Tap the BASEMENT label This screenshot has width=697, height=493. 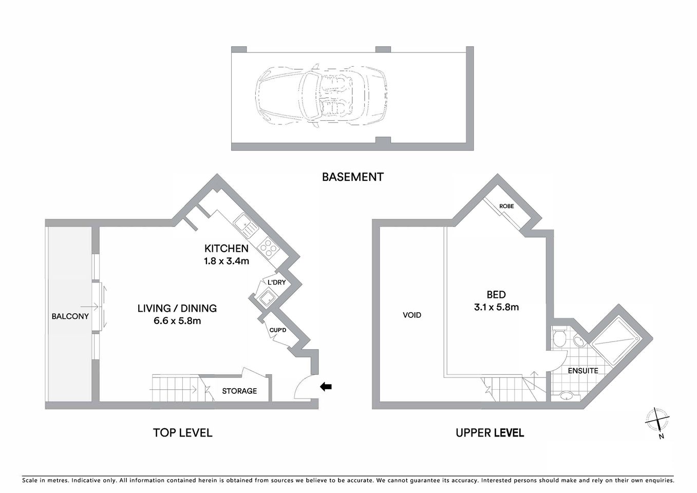coord(352,177)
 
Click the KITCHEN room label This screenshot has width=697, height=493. coord(227,249)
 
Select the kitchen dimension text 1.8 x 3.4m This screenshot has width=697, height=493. coord(227,261)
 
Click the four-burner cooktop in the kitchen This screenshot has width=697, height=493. coord(268,249)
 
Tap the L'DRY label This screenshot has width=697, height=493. coord(276,282)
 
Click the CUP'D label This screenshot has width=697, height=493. coord(278,330)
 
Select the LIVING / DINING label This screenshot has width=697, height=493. coord(177,308)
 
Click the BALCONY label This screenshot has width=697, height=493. coord(70,316)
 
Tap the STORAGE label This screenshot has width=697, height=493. coord(239,391)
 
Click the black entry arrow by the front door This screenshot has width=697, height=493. coord(326,387)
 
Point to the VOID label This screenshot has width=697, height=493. coord(412,315)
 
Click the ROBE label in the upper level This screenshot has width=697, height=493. coord(506,206)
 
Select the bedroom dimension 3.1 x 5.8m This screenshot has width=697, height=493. coord(496,308)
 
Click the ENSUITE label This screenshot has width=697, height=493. coord(582,370)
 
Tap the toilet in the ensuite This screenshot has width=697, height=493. coord(560,338)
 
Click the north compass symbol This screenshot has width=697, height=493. coord(657,420)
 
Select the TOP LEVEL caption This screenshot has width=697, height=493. coord(182,433)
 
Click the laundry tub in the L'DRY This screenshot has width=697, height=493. coord(267,297)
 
